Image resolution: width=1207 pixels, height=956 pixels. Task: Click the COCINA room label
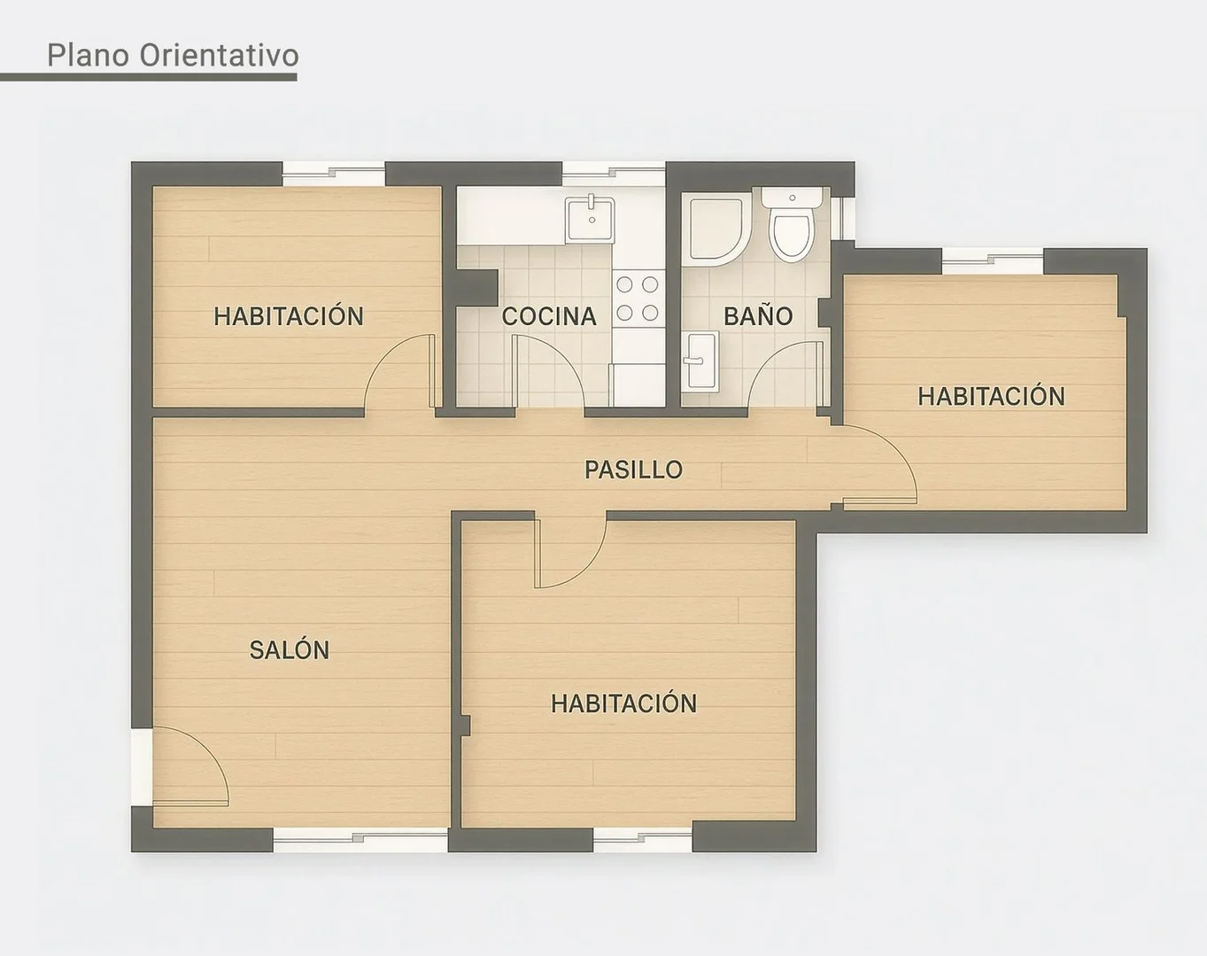pyautogui.click(x=548, y=316)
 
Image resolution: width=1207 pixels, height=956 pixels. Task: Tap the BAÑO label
pyautogui.click(x=758, y=316)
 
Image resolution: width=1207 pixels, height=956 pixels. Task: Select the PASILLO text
pyautogui.click(x=634, y=470)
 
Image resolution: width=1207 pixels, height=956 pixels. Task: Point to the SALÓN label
pyautogui.click(x=290, y=650)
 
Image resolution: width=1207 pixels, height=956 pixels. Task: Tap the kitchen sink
pyautogui.click(x=591, y=219)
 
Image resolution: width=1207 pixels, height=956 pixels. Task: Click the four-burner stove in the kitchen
pyautogui.click(x=638, y=299)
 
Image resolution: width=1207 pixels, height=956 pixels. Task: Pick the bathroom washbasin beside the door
pyautogui.click(x=700, y=361)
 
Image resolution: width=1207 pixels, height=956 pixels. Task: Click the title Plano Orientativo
pyautogui.click(x=173, y=55)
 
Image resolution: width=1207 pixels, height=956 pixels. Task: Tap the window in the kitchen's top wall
pyautogui.click(x=614, y=173)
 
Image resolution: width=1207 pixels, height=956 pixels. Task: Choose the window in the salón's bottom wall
pyautogui.click(x=360, y=839)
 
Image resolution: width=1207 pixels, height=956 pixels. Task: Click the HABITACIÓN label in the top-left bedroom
pyautogui.click(x=289, y=316)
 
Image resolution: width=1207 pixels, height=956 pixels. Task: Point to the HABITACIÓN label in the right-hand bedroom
pyautogui.click(x=991, y=397)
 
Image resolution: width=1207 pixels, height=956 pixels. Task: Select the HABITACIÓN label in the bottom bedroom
pyautogui.click(x=623, y=703)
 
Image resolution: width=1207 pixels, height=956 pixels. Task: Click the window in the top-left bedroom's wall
pyautogui.click(x=333, y=173)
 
